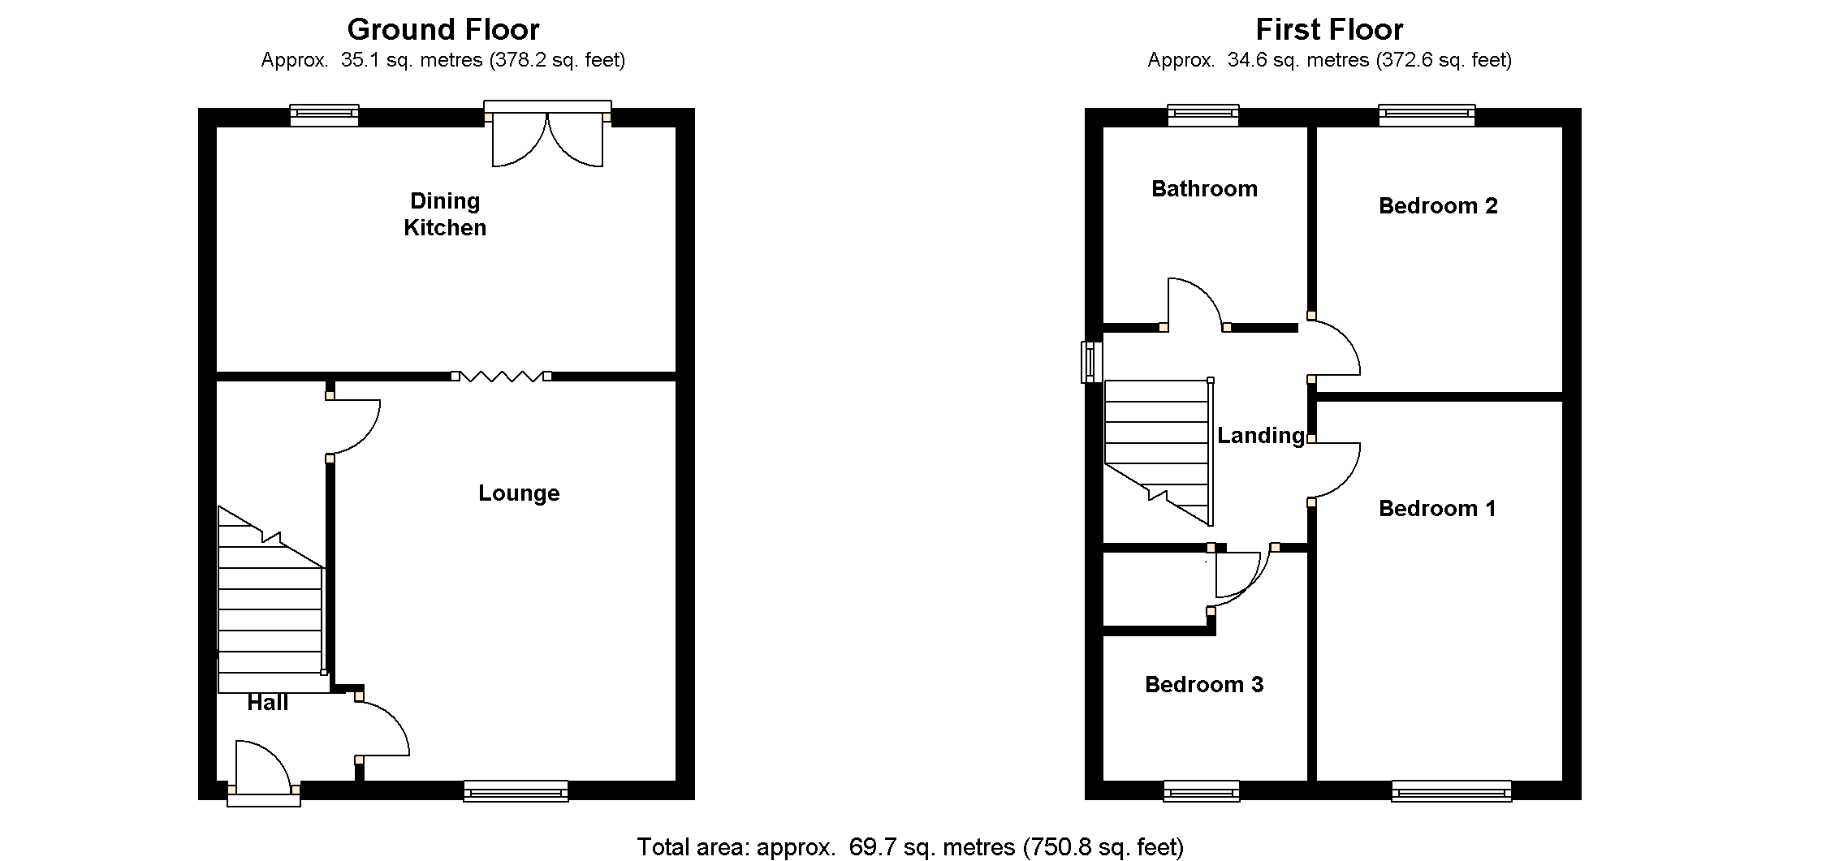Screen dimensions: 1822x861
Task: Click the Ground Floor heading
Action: [443, 30]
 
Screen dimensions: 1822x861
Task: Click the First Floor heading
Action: [1329, 30]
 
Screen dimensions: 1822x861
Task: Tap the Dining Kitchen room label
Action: [445, 214]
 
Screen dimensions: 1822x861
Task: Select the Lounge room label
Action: [519, 493]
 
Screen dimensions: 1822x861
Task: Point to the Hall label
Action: [268, 703]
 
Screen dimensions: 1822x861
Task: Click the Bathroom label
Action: [1204, 189]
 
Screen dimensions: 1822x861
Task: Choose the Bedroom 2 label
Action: [1438, 206]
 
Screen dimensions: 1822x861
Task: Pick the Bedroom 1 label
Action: [1437, 509]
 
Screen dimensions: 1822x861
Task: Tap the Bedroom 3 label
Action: [1204, 685]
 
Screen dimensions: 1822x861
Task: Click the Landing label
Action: [1261, 436]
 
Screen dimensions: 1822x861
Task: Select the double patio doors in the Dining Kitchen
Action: [548, 138]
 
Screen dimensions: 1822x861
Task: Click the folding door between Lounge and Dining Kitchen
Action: [501, 376]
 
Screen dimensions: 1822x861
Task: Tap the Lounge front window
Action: [516, 790]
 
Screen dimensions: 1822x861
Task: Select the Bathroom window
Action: [1203, 116]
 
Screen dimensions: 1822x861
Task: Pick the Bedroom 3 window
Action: [1202, 790]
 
